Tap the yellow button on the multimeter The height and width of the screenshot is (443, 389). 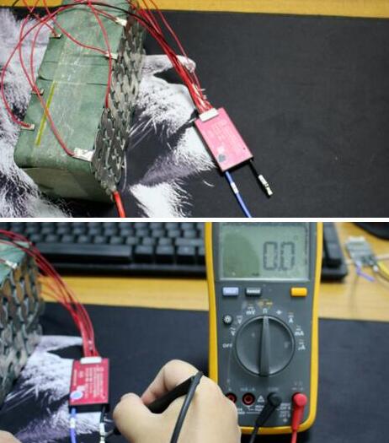298,292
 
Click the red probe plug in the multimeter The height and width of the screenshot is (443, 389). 299,400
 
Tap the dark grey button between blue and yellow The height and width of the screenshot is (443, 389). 253,292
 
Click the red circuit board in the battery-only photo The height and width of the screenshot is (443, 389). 223,142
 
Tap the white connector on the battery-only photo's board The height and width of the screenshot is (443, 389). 208,116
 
